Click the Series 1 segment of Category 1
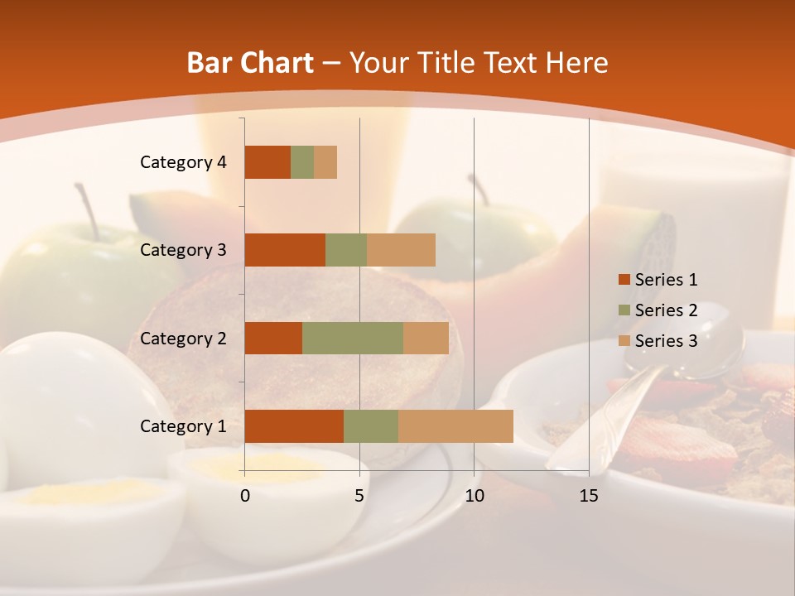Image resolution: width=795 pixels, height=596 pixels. (x=294, y=426)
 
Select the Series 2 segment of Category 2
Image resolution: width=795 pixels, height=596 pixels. (x=353, y=338)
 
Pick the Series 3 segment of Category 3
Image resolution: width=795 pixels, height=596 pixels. (x=401, y=250)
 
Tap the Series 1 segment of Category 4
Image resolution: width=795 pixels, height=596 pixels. (x=267, y=162)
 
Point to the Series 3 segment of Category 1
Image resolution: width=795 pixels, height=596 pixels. (x=455, y=426)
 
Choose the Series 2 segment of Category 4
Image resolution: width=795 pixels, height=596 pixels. (x=302, y=162)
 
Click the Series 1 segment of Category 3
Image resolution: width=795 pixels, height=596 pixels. (x=285, y=250)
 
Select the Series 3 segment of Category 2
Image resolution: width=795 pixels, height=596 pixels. (x=426, y=338)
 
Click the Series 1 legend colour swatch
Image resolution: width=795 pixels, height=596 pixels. (x=624, y=280)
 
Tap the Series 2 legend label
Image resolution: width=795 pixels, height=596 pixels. (x=666, y=310)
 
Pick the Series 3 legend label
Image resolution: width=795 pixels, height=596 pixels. (x=666, y=341)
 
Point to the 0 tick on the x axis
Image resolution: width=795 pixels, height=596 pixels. (x=245, y=496)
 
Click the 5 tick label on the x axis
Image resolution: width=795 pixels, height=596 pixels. (x=359, y=496)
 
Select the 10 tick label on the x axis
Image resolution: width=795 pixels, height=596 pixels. (x=474, y=496)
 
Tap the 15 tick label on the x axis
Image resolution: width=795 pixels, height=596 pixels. (x=589, y=496)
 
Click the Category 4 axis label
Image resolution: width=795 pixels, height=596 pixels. (x=183, y=162)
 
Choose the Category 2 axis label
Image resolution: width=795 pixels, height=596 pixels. (x=183, y=338)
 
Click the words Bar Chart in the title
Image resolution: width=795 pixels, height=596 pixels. (x=250, y=63)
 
